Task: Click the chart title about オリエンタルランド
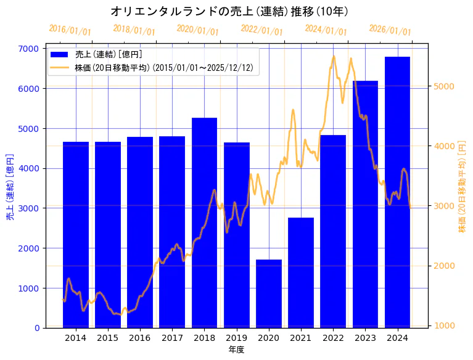point(229,11)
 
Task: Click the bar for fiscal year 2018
point(204,223)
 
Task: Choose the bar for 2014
point(76,234)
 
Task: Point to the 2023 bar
point(365,204)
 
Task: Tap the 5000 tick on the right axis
point(445,86)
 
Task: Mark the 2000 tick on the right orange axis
point(445,266)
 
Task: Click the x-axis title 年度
point(236,350)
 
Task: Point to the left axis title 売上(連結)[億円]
point(9,188)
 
